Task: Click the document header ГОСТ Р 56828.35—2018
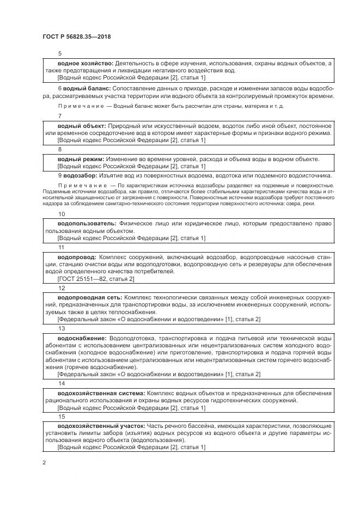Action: pyautogui.click(x=77, y=37)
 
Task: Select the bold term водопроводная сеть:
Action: pyautogui.click(x=90, y=298)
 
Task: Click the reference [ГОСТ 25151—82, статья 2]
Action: pyautogui.click(x=95, y=279)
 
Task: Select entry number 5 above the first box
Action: pyautogui.click(x=59, y=53)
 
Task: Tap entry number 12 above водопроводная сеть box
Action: pyautogui.click(x=61, y=288)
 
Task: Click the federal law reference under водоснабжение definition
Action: pyautogui.click(x=158, y=374)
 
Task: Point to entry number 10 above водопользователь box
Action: pyautogui.click(x=61, y=214)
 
